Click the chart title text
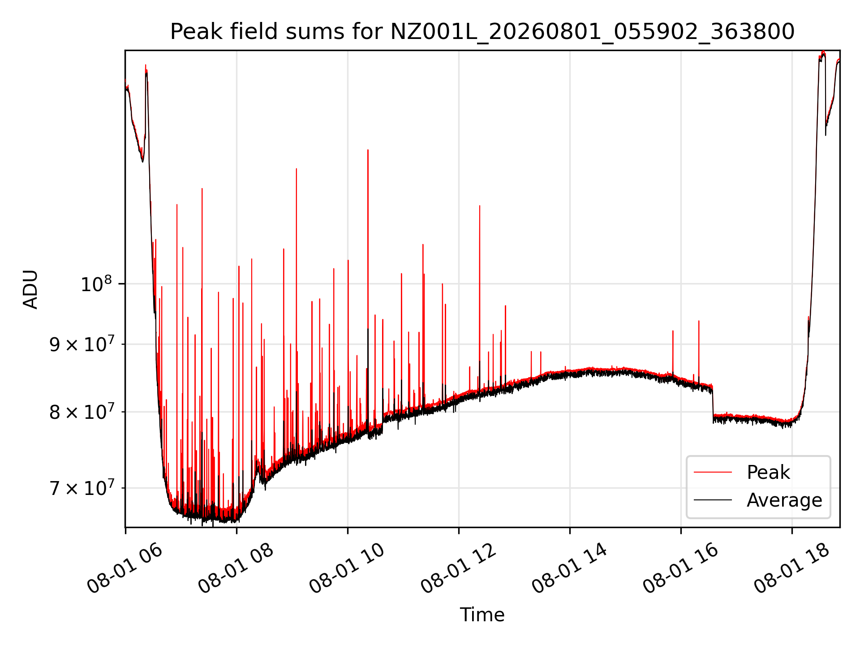click(x=482, y=32)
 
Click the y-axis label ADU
click(x=30, y=289)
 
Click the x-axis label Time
click(x=482, y=615)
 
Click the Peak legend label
click(x=768, y=473)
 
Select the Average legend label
click(x=784, y=500)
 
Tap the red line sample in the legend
click(x=713, y=472)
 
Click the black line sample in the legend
click(x=713, y=500)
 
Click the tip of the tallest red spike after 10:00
click(x=368, y=150)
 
